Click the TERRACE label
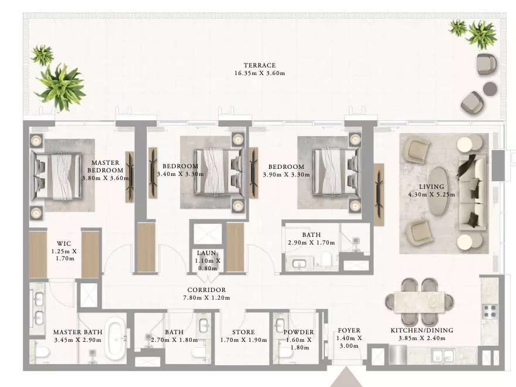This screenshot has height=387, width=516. [260, 65]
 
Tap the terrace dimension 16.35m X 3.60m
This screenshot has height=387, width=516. [260, 73]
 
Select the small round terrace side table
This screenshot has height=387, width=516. [490, 89]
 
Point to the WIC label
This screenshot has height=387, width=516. [64, 243]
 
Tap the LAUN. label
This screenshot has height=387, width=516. [208, 253]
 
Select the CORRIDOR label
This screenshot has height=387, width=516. [206, 290]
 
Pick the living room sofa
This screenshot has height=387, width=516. [472, 193]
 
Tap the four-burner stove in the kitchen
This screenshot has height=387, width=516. [490, 312]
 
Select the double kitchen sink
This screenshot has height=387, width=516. [443, 355]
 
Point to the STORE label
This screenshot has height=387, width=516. [243, 332]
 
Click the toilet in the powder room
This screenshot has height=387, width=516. [284, 354]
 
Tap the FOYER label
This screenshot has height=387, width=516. [349, 330]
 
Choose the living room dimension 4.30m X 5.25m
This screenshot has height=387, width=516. [432, 195]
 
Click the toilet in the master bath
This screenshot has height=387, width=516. [42, 352]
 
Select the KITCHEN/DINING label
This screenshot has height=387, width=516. [422, 330]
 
